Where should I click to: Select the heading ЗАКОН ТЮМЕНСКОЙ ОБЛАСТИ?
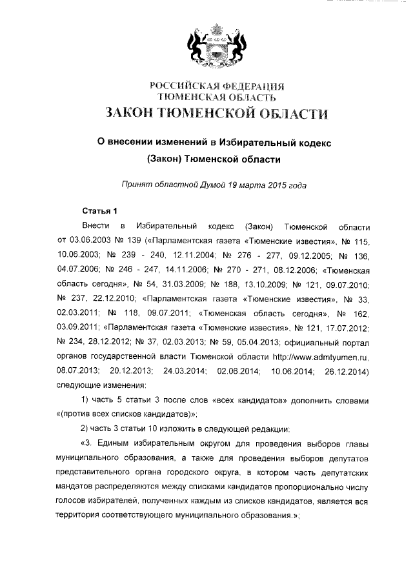click(216, 114)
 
